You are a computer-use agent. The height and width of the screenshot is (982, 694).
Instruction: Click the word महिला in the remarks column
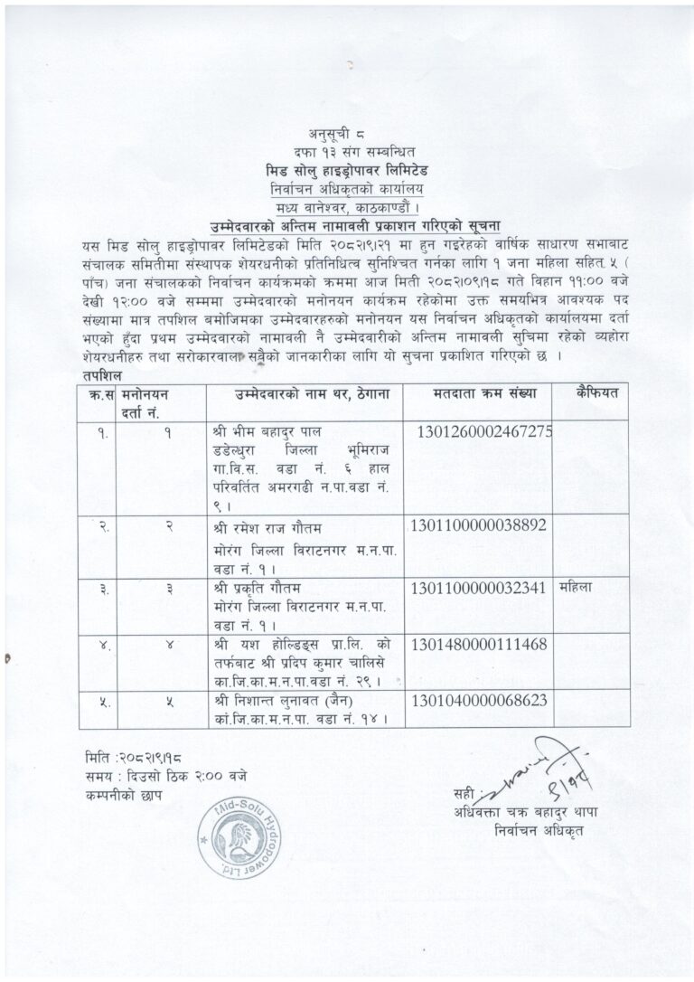[x=576, y=587]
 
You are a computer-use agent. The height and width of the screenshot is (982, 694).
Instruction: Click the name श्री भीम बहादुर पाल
[x=264, y=429]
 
